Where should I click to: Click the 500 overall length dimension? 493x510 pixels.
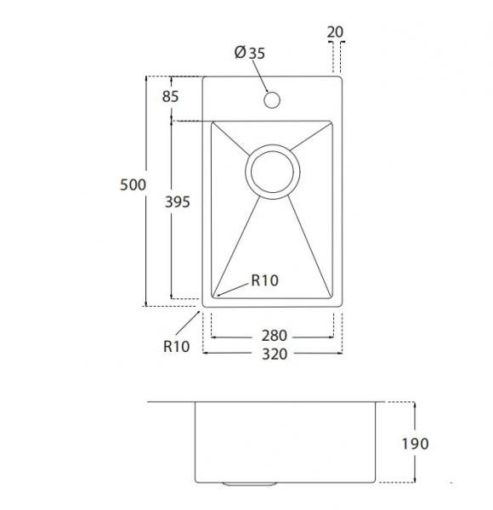click(133, 184)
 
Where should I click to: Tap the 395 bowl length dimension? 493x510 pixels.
click(178, 202)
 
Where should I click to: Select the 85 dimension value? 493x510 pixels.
click(170, 96)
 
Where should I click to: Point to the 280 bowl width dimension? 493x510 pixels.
click(275, 336)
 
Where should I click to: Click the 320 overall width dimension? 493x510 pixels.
click(275, 354)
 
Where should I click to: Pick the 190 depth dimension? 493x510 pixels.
click(416, 444)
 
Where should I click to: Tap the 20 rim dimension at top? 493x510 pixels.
click(335, 32)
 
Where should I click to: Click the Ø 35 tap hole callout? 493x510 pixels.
click(250, 53)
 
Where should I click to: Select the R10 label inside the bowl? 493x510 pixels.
click(264, 280)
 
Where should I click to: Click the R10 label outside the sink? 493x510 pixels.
click(176, 347)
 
